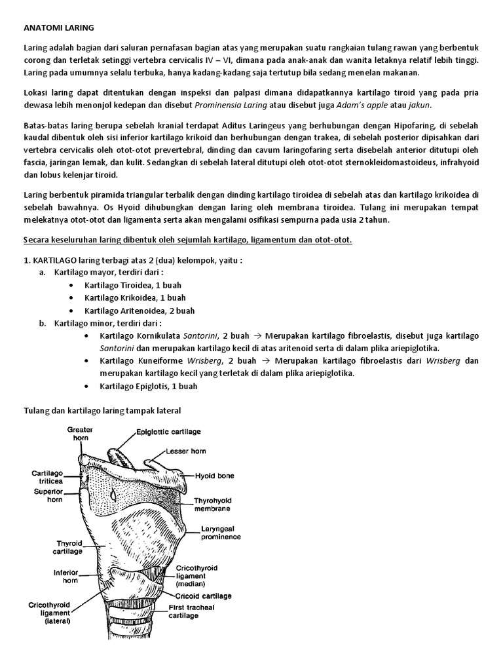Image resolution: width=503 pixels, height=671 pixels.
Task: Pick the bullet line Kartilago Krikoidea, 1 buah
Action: click(134, 298)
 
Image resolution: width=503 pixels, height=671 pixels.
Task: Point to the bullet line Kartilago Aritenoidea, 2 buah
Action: click(138, 311)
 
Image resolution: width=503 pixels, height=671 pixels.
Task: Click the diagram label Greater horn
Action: click(80, 434)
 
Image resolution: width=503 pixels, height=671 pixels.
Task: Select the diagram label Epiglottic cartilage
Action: click(168, 432)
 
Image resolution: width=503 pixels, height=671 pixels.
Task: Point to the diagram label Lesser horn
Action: click(185, 451)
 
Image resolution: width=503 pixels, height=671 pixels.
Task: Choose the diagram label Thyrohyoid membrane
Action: click(213, 505)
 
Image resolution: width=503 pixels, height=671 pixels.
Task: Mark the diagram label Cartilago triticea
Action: click(47, 476)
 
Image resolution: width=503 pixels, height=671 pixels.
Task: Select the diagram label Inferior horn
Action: click(66, 575)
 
